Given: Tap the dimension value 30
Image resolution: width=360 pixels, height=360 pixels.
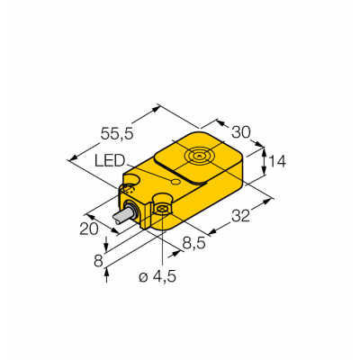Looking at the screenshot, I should pos(240,132).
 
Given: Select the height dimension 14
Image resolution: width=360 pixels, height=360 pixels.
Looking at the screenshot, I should pos(276,162).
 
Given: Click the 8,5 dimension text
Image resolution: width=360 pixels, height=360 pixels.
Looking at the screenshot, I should pos(192,243).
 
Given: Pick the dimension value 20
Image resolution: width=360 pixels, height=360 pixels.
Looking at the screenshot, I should pos(89,229).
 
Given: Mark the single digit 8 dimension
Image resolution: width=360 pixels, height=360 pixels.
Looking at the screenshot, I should pos(96,260).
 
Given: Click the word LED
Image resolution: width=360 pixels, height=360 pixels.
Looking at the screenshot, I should pos(110,160).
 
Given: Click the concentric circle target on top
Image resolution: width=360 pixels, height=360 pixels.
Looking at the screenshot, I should pos(199,156).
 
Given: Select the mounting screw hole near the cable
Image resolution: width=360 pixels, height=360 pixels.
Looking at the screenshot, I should pos(164,209).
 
